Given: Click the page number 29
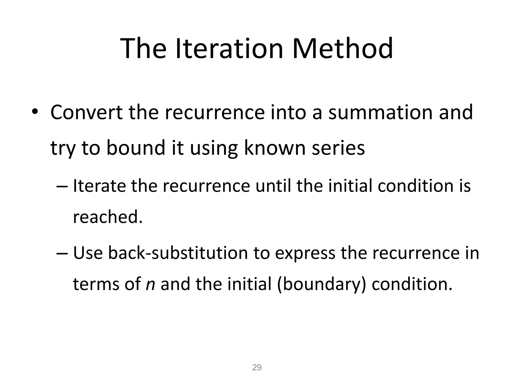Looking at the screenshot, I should (257, 367).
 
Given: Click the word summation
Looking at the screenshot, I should (380, 112).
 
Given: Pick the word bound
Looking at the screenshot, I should (136, 148).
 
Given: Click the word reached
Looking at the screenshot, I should (108, 217).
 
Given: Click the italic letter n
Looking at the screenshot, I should (150, 284).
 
